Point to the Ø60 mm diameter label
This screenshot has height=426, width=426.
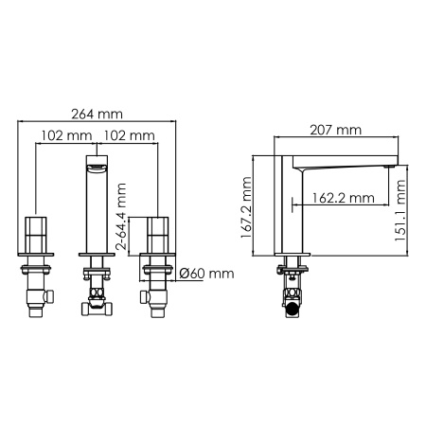[206, 274]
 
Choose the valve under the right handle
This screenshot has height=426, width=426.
[157, 289]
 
